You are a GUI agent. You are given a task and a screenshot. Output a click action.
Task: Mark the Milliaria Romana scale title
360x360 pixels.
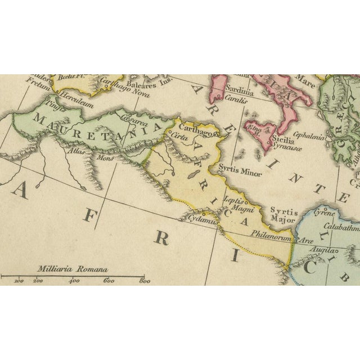pyautogui.click(x=72, y=269)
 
